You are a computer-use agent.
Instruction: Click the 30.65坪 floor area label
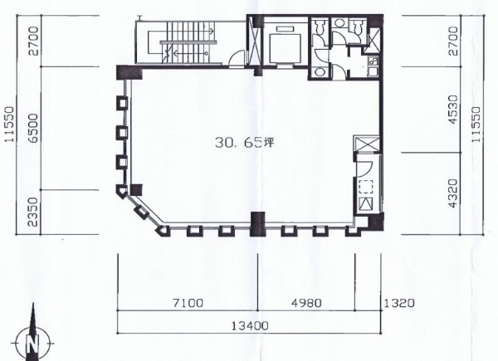(244, 143)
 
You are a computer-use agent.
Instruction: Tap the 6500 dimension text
(32, 129)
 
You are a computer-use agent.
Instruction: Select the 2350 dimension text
(32, 212)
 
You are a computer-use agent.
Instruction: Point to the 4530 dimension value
(453, 109)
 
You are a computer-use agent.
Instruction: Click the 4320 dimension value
(453, 193)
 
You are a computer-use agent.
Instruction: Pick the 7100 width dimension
(188, 303)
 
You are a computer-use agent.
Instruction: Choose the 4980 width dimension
(306, 303)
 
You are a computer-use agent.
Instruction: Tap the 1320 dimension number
(399, 303)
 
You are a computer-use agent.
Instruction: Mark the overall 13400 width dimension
(250, 325)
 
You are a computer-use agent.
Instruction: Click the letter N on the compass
(32, 344)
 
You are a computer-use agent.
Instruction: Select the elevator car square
(286, 48)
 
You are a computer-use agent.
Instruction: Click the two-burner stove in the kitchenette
(373, 61)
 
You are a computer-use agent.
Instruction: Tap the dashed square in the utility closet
(365, 187)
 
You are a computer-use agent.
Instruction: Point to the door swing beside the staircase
(237, 58)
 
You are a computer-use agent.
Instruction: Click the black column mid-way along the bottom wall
(257, 224)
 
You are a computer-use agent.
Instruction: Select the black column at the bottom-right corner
(375, 222)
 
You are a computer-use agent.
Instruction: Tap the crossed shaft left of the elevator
(255, 41)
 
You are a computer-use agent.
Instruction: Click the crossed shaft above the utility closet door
(366, 144)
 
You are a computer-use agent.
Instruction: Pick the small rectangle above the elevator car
(286, 29)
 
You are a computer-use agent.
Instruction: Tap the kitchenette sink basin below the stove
(372, 71)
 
